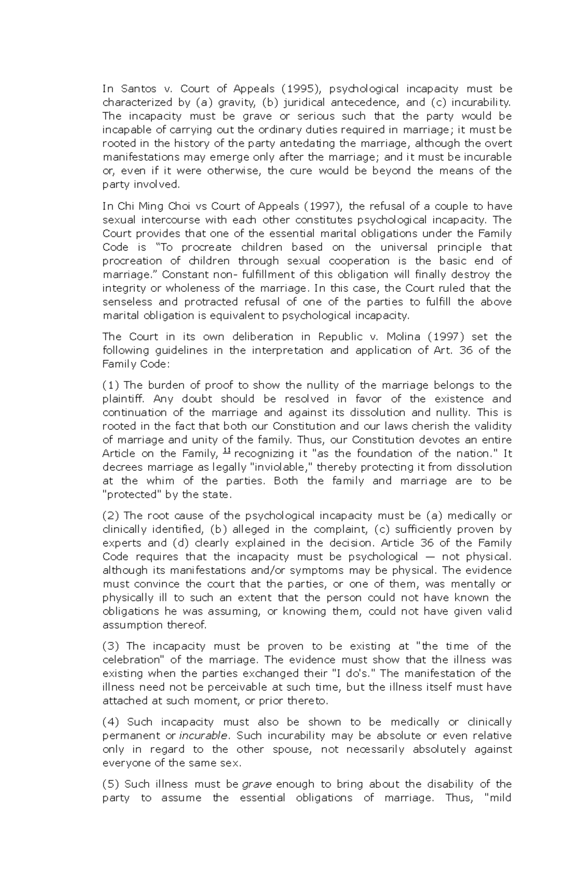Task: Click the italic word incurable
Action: point(203,736)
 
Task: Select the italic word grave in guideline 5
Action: point(257,784)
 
